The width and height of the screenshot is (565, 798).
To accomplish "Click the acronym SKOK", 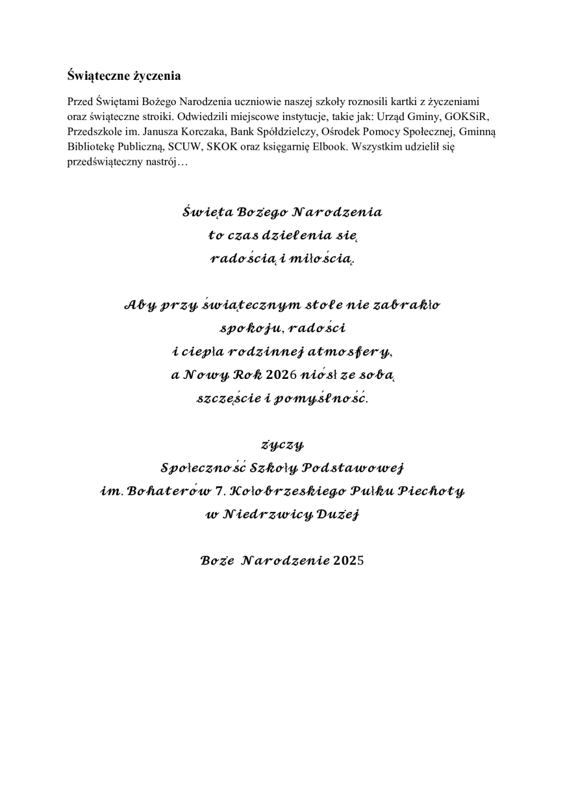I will coord(224,146).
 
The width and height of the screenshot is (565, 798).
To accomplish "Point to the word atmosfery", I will coord(353,352).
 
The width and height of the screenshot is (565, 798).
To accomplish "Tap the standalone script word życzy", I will coord(282,445).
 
